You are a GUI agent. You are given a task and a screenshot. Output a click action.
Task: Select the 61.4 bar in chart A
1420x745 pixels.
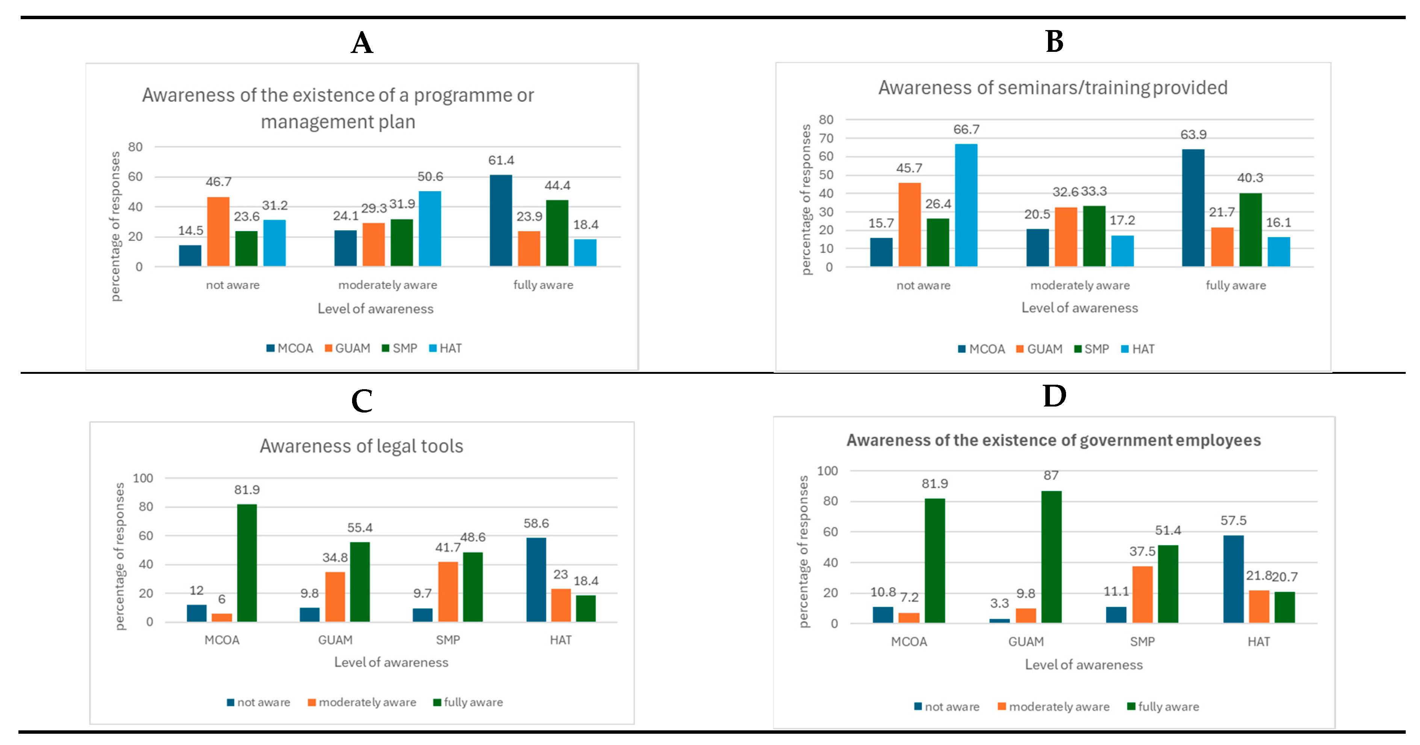pyautogui.click(x=501, y=221)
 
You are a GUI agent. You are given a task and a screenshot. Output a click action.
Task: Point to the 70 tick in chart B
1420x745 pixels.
pyautogui.click(x=826, y=138)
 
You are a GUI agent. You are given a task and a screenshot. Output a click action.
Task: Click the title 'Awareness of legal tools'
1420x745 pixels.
pyautogui.click(x=361, y=446)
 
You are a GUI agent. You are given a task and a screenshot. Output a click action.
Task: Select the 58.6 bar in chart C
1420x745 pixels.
pyautogui.click(x=536, y=580)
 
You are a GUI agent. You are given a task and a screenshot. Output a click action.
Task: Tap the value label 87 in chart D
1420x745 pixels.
pyautogui.click(x=1051, y=475)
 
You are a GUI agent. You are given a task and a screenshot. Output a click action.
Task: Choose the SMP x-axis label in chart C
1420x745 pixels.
pyautogui.click(x=448, y=640)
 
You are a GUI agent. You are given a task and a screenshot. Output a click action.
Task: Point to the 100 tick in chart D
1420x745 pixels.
pyautogui.click(x=827, y=471)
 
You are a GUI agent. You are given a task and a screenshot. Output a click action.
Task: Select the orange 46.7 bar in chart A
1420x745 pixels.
pyautogui.click(x=218, y=231)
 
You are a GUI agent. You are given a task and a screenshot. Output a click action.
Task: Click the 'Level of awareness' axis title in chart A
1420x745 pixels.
pyautogui.click(x=375, y=308)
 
